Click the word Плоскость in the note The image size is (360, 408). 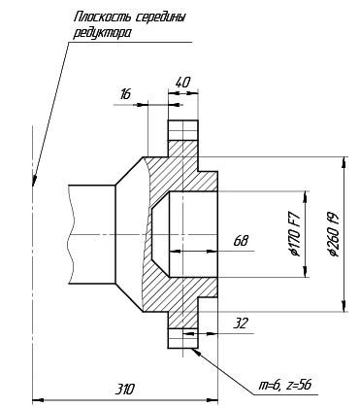(102, 17)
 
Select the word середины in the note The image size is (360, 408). (160, 17)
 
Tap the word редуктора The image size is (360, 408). (102, 33)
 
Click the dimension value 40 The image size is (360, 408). (182, 83)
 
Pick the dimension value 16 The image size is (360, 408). (125, 94)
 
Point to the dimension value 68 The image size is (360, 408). (242, 241)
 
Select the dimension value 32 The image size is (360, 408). (241, 323)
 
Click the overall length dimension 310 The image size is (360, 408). (125, 389)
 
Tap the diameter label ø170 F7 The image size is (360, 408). (296, 233)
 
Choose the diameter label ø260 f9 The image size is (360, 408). (333, 234)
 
